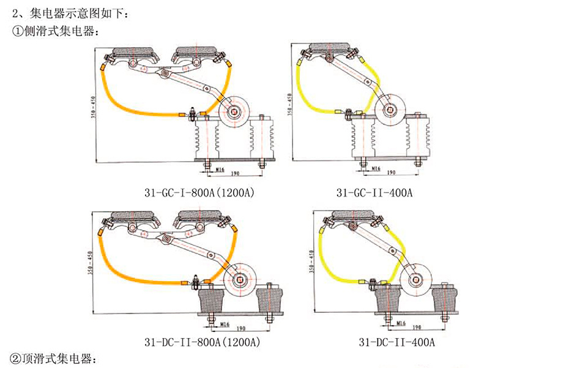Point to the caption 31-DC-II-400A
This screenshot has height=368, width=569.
[397, 342]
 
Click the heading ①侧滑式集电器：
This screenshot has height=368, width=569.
[56, 30]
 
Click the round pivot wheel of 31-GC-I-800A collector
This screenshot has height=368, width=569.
[234, 112]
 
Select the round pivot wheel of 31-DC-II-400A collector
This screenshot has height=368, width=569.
[417, 282]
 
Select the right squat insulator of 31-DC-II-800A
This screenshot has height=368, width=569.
[271, 300]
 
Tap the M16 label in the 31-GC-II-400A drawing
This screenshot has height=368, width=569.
[374, 168]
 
